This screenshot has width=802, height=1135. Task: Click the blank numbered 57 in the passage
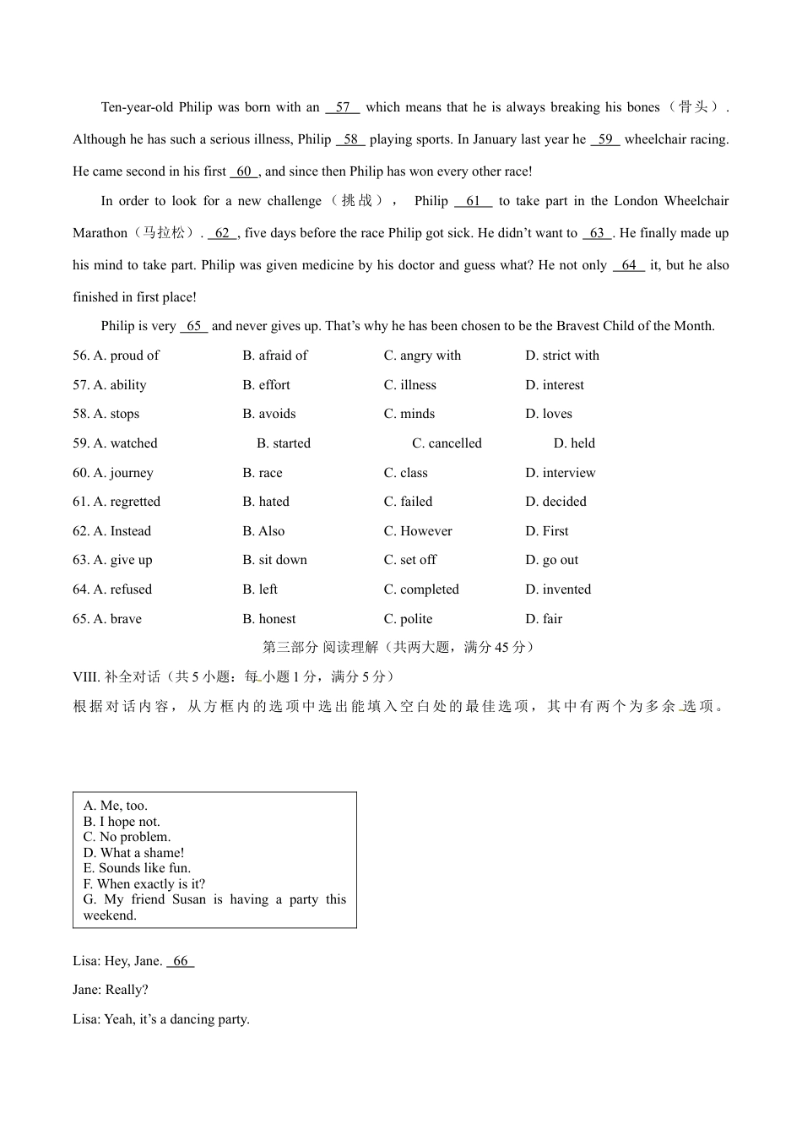tap(342, 107)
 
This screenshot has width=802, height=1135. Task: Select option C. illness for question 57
tap(409, 385)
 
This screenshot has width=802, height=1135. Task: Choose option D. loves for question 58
tap(549, 414)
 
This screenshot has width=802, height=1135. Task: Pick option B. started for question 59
tap(284, 443)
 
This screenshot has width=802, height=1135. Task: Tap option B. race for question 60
tap(263, 473)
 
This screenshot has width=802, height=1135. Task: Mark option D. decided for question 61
tap(555, 502)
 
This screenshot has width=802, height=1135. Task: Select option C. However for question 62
tap(418, 531)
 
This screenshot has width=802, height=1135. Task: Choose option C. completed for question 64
tap(421, 589)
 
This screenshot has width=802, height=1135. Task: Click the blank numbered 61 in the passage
tap(473, 201)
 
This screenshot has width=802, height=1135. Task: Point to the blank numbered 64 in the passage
tap(628, 265)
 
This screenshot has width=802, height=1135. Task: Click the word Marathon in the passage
tap(100, 233)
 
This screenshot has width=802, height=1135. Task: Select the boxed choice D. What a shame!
tap(133, 853)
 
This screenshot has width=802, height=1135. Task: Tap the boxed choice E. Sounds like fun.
tap(137, 868)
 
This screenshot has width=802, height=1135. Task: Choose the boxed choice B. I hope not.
tap(122, 822)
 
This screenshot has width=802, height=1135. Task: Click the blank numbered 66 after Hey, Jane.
tap(181, 961)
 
